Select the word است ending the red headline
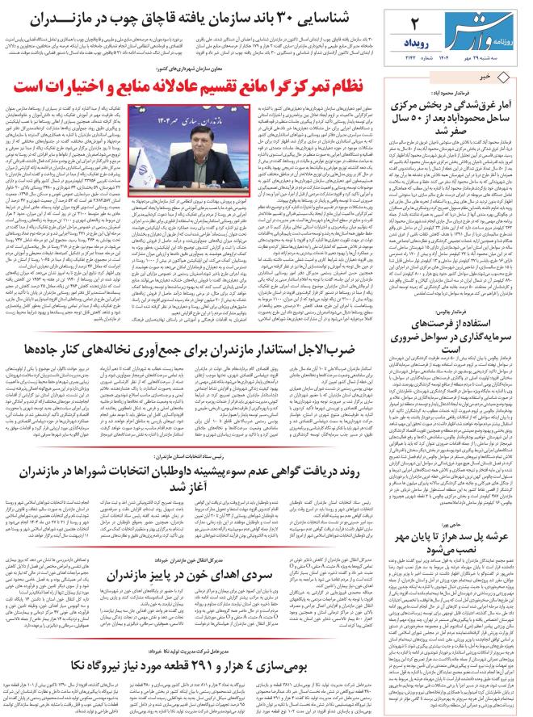pyautogui.click(x=31, y=85)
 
